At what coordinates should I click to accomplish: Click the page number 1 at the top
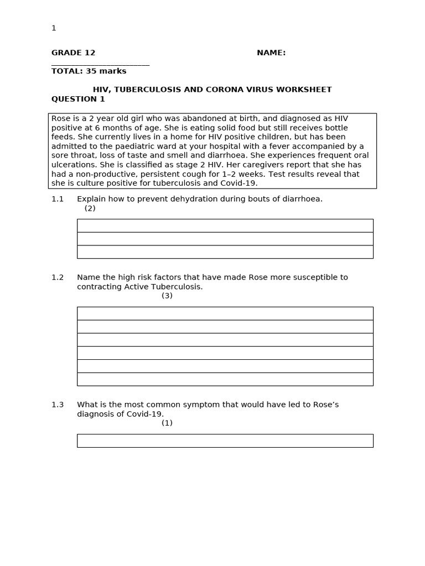click(54, 28)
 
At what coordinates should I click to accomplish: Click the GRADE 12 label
click(73, 53)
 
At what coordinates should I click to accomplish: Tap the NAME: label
click(271, 53)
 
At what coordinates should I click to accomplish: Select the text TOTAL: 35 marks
click(89, 71)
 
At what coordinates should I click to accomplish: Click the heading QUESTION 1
click(78, 99)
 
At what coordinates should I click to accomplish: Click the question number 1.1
click(58, 199)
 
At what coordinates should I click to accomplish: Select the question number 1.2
click(58, 277)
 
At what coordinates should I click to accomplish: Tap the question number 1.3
click(58, 405)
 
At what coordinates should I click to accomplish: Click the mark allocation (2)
click(90, 208)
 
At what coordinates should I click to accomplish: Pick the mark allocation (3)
click(167, 296)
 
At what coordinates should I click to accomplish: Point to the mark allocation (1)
click(167, 423)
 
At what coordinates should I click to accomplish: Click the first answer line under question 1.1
click(225, 226)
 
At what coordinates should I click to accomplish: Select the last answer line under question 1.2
click(225, 379)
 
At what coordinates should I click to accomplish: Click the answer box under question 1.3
click(225, 441)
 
